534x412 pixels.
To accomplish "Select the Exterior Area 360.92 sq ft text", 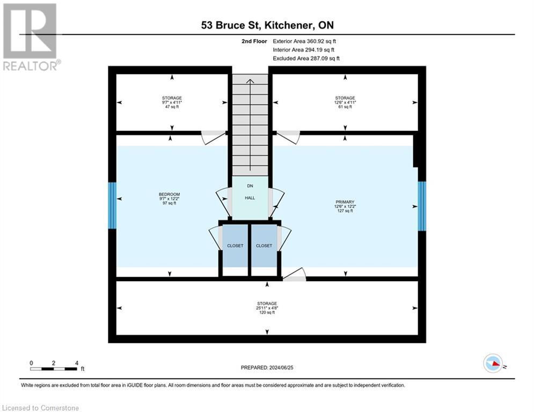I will tap(304, 41).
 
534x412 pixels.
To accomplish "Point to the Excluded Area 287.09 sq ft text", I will tap(306, 58).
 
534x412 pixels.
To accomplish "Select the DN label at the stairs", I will tap(250, 186).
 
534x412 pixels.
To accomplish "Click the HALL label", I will tap(250, 198).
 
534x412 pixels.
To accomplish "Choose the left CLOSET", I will tap(235, 246).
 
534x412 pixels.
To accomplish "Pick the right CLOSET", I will tap(264, 246).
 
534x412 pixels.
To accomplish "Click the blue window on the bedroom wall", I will tap(112, 205).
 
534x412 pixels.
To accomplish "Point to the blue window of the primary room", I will tap(422, 206).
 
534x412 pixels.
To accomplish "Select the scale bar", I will tap(54, 369).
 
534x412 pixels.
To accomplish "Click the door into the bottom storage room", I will tap(294, 275).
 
